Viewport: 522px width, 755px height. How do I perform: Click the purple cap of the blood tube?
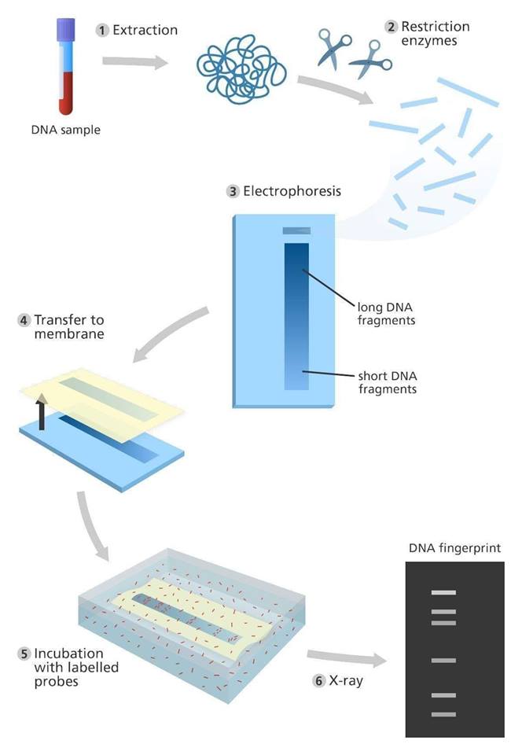coord(66,29)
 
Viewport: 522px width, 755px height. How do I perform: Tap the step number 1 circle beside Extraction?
coord(102,31)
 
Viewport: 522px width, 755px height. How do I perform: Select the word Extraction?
coord(145,30)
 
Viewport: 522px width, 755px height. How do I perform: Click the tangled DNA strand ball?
coord(241,68)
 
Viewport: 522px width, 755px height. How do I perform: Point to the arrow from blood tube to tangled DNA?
coord(135,61)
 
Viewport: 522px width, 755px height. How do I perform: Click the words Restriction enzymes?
coord(435,33)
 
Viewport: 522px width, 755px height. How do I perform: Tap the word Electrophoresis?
coord(292,191)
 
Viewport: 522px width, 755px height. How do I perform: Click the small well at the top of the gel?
coord(296,230)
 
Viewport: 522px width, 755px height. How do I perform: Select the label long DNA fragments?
coord(386,314)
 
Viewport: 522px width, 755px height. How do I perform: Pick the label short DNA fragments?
coord(388,382)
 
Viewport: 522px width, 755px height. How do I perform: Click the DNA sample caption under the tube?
coord(66,130)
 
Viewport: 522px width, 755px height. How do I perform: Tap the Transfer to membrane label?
coord(69,326)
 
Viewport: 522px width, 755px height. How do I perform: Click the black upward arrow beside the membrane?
coord(42,411)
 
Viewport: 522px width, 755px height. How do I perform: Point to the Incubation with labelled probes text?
coord(76,667)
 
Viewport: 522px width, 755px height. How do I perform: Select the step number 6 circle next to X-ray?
coord(318,680)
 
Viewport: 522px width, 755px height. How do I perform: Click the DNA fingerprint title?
coord(454,548)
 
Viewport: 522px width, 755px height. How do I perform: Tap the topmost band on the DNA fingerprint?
coord(443,592)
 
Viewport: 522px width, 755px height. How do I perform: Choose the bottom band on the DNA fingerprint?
coord(443,714)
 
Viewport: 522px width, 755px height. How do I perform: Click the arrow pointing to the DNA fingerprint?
coord(347,657)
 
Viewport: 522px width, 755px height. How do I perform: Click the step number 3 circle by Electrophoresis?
coord(233,192)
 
